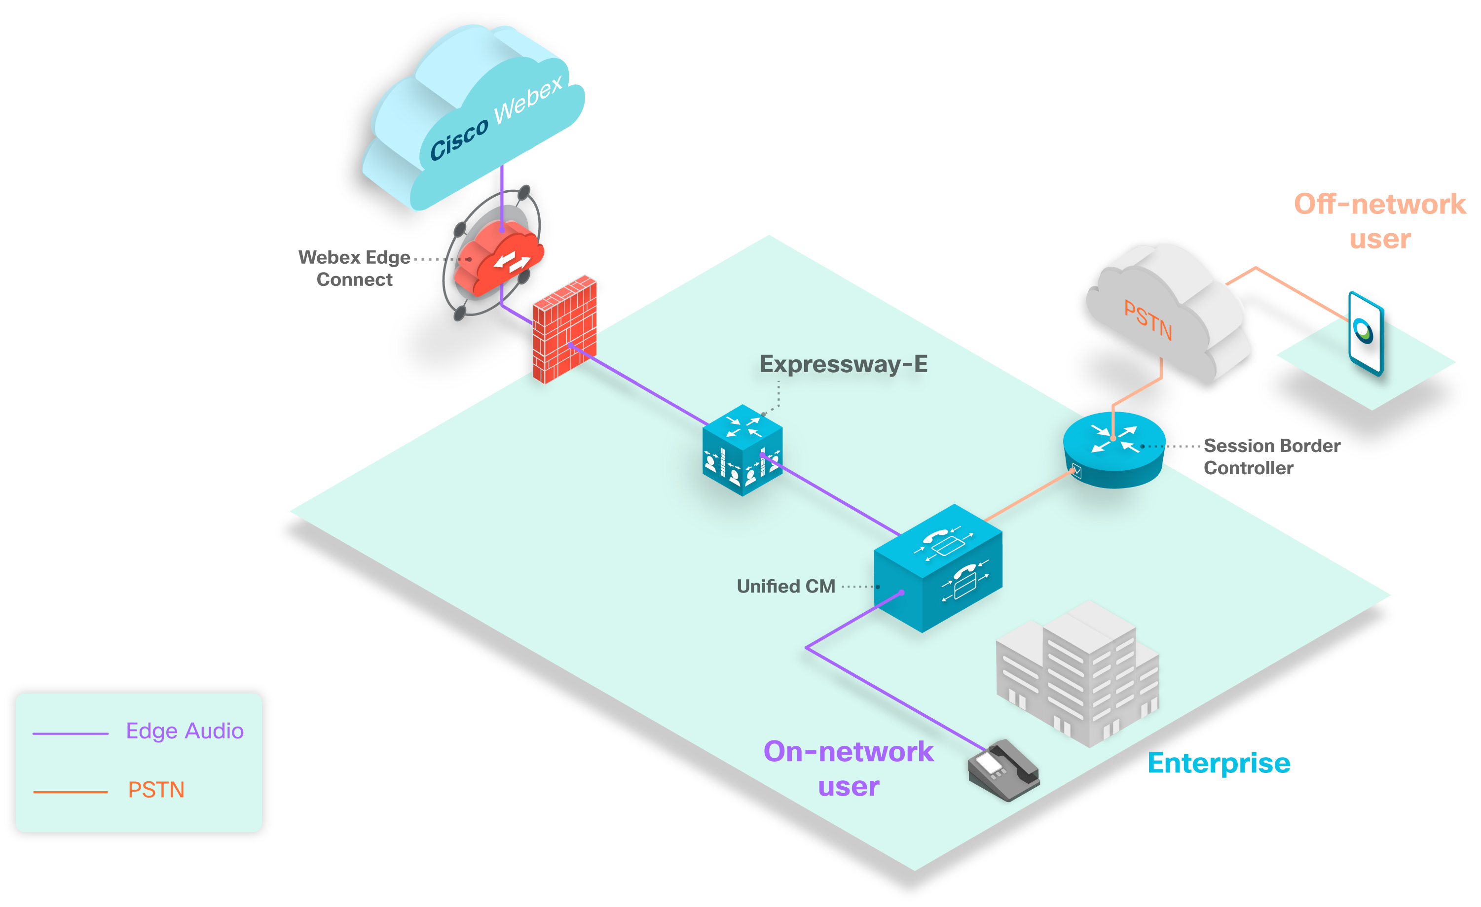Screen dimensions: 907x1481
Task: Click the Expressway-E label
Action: pyautogui.click(x=843, y=364)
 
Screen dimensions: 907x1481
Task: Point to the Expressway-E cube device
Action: pyautogui.click(x=742, y=451)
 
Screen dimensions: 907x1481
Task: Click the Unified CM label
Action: pyautogui.click(x=785, y=586)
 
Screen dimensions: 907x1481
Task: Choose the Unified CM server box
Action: pyautogui.click(x=938, y=568)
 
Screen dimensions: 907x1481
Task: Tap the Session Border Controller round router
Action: pyautogui.click(x=1114, y=451)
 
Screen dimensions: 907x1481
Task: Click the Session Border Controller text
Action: pyautogui.click(x=1271, y=456)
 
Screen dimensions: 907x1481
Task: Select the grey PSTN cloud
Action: pyautogui.click(x=1166, y=313)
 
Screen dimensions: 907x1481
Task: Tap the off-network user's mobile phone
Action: pyautogui.click(x=1366, y=333)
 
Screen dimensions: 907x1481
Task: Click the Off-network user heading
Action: pyautogui.click(x=1379, y=221)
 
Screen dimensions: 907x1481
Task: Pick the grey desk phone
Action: pyautogui.click(x=1003, y=770)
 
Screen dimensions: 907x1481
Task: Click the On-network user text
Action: pyautogui.click(x=848, y=769)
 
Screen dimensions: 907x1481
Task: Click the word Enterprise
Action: pyautogui.click(x=1219, y=763)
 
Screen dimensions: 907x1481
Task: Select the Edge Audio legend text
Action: pyautogui.click(x=185, y=731)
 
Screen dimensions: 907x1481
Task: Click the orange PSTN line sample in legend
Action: pyautogui.click(x=71, y=792)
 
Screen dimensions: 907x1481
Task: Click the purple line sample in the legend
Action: pyautogui.click(x=71, y=733)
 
